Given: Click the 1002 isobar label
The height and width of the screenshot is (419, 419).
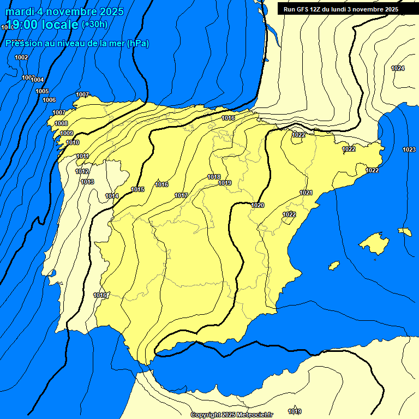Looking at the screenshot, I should [21, 57].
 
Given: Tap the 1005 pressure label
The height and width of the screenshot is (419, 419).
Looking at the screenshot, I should [42, 91].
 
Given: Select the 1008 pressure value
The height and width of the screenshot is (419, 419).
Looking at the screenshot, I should [61, 124].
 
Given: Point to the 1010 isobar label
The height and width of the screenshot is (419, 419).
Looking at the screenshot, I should [73, 142].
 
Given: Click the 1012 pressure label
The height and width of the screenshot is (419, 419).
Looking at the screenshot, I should [82, 171].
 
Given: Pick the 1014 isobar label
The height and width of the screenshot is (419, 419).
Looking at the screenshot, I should [112, 196].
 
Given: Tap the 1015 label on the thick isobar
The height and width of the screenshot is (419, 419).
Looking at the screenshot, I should [137, 189].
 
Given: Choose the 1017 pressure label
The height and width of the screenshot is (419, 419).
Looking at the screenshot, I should [181, 195].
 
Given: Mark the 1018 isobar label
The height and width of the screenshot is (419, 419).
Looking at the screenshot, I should [214, 177].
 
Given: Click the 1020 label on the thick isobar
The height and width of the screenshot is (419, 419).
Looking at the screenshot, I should [258, 205].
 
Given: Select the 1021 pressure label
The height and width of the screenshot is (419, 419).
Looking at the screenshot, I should [306, 193].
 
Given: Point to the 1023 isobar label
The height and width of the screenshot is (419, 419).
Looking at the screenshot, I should [409, 149].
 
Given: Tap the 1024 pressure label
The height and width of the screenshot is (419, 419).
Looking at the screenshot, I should [398, 68].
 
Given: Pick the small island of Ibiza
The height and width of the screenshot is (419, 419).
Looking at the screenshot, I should [333, 265].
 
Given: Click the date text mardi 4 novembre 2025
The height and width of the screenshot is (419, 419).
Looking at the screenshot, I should [64, 11].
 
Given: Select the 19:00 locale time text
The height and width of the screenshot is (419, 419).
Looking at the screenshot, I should [42, 25].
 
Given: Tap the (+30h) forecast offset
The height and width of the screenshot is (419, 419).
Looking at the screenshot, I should [95, 25].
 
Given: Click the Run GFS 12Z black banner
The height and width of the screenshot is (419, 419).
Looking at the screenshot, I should [340, 9].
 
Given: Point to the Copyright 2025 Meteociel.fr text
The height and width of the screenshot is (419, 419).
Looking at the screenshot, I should [231, 415].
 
